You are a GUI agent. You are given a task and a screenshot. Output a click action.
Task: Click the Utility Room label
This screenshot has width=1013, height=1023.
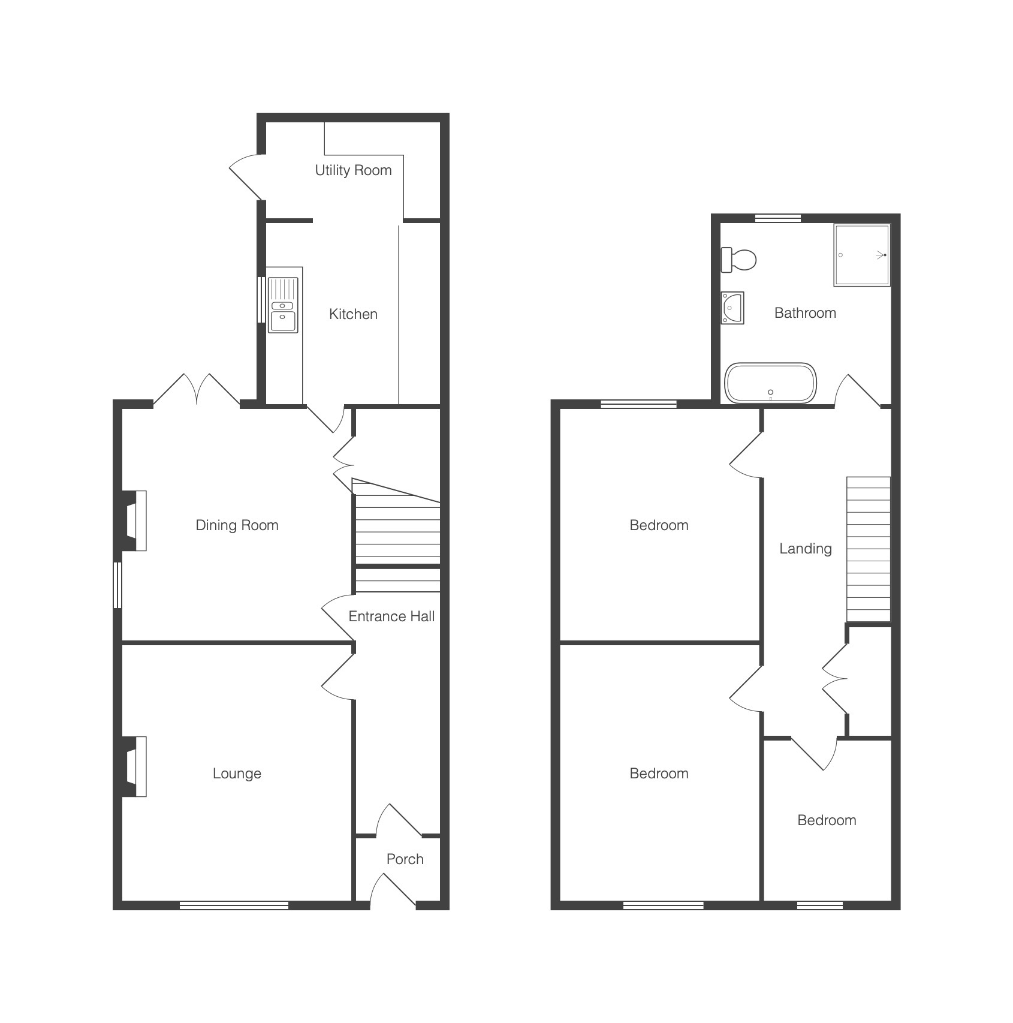pos(353,170)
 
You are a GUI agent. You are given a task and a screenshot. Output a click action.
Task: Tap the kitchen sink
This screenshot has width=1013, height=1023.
pos(283,305)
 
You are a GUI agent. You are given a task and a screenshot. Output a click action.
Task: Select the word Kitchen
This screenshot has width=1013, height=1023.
pos(353,314)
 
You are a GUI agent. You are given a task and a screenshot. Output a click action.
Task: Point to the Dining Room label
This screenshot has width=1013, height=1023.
pos(237,525)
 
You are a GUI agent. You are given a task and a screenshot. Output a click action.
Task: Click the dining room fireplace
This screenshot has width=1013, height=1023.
pos(135,520)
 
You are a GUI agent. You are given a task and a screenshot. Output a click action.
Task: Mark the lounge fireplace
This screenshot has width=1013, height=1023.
pos(135,766)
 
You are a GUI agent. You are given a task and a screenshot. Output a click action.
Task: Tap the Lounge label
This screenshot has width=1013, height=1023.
pos(237,774)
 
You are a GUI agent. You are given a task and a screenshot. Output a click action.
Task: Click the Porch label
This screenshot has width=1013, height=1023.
pos(405,859)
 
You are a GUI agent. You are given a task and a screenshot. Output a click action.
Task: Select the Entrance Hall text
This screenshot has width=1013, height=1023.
pos(391,616)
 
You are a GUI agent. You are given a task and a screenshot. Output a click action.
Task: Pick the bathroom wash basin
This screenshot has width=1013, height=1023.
pos(732,308)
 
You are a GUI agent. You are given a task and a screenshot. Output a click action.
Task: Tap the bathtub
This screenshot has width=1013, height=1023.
pos(770,383)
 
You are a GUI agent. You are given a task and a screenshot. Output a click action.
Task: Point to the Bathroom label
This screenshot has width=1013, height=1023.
pos(805,313)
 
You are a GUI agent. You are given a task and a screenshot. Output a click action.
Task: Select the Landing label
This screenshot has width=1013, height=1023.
pos(805,549)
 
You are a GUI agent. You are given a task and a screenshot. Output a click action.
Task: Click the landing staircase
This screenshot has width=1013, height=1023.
pos(869,549)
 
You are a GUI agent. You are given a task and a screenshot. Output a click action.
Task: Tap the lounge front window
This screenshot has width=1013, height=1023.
pos(234,905)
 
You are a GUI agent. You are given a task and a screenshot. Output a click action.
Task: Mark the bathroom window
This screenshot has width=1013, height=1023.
pos(777,218)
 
